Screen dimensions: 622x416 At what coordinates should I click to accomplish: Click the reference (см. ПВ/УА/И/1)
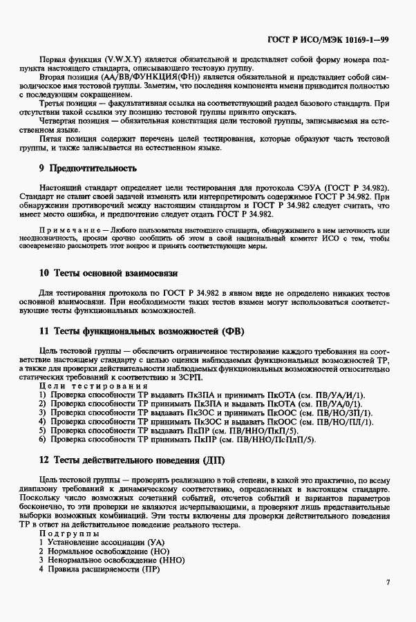[328, 394]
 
